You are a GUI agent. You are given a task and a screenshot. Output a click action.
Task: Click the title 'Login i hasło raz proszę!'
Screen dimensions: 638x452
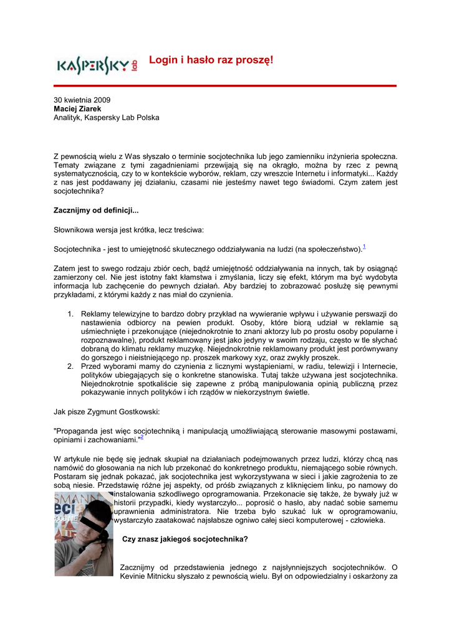211,60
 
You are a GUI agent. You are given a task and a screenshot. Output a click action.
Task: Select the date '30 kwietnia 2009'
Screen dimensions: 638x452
82,100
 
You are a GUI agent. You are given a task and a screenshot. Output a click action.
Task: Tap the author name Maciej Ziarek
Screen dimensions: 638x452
77,108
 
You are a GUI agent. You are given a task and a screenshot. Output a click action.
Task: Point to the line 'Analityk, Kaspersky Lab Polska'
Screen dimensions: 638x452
106,117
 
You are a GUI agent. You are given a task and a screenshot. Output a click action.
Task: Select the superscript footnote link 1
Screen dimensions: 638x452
364,247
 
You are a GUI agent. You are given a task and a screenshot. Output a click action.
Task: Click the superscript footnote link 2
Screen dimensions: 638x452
142,437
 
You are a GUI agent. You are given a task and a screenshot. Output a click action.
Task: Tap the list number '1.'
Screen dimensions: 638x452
71,314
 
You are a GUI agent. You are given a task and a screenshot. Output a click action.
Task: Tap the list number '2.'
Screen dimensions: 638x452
71,366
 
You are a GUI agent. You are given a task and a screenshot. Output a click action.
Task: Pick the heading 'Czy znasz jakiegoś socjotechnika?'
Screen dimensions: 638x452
185,539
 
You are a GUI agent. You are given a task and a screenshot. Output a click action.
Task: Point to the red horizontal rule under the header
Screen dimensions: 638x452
225,85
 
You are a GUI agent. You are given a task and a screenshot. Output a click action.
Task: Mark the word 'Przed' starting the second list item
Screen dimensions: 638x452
91,366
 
